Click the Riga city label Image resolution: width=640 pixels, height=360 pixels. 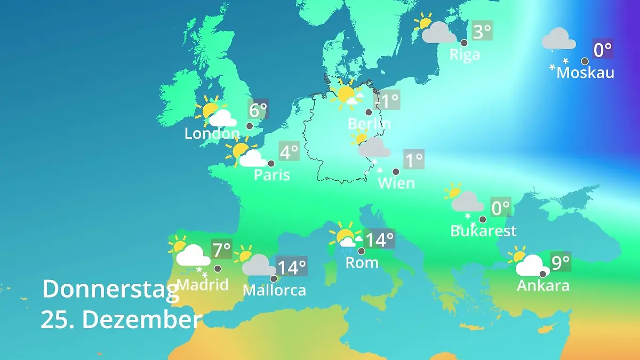(x=465, y=54)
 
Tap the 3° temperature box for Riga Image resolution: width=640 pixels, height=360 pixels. (x=482, y=31)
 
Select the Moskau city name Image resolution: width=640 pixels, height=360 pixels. (x=585, y=72)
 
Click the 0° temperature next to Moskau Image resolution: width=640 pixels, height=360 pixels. (x=603, y=50)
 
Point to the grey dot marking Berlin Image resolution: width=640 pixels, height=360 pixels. (x=368, y=113)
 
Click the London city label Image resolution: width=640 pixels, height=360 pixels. (x=212, y=133)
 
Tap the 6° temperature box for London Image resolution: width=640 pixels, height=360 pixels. (x=258, y=110)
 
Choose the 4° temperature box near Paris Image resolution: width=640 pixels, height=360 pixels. (x=289, y=152)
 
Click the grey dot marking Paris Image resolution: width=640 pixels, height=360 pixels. (x=271, y=164)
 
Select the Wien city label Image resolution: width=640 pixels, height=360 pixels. (x=396, y=183)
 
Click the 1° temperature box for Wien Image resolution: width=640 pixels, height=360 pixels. (x=414, y=159)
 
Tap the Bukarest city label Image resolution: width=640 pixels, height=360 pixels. (x=483, y=231)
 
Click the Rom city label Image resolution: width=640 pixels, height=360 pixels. (x=362, y=262)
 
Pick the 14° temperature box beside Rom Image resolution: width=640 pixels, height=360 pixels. (x=380, y=239)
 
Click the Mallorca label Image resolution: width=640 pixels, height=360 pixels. (x=274, y=290)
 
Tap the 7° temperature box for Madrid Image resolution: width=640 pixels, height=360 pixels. (x=222, y=249)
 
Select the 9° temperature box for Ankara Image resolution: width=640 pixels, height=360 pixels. (x=560, y=262)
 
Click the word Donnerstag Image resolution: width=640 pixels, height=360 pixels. (x=110, y=289)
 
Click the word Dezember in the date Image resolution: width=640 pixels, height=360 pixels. (x=142, y=320)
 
